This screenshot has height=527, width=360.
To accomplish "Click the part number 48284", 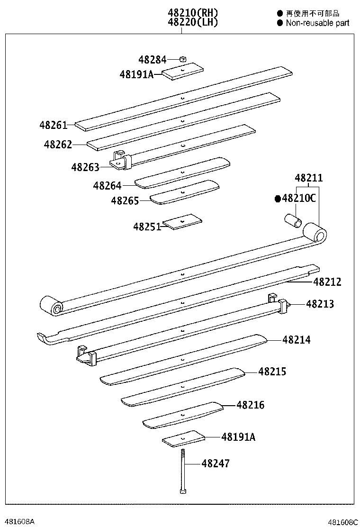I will pyautogui.click(x=152, y=60).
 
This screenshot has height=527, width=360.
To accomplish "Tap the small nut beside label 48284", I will pyautogui.click(x=183, y=59).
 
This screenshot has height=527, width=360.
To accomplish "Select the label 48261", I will pyautogui.click(x=53, y=125).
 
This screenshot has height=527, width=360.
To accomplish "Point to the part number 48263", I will pyautogui.click(x=85, y=167).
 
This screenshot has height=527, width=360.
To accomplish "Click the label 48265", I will pyautogui.click(x=125, y=201).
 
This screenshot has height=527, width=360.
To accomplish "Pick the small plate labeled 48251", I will pyautogui.click(x=182, y=221).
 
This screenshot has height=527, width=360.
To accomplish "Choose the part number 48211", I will pyautogui.click(x=309, y=179).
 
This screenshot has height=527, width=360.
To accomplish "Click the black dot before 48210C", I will pyautogui.click(x=278, y=199).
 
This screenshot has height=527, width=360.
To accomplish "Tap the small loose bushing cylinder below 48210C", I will pyautogui.click(x=293, y=220).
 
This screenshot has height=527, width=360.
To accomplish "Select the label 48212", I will pyautogui.click(x=327, y=282).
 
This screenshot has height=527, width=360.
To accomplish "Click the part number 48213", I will pyautogui.click(x=320, y=304).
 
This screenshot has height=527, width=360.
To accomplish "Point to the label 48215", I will pyautogui.click(x=272, y=372).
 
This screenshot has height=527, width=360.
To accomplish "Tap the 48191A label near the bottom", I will pyautogui.click(x=238, y=437).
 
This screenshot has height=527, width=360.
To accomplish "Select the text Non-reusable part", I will pyautogui.click(x=317, y=23).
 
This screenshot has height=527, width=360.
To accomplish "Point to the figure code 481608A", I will pyautogui.click(x=18, y=521).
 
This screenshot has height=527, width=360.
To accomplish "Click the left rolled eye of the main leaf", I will pyautogui.click(x=51, y=306).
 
